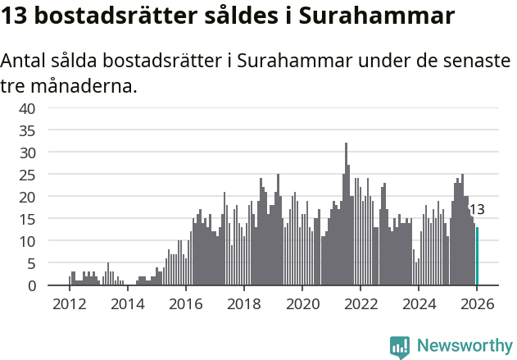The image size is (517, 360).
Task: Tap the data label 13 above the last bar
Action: tap(476, 210)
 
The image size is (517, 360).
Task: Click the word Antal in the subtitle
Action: tap(25, 62)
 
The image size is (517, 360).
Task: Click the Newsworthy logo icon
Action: tap(400, 346)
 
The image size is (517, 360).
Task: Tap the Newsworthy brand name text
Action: tap(464, 346)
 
